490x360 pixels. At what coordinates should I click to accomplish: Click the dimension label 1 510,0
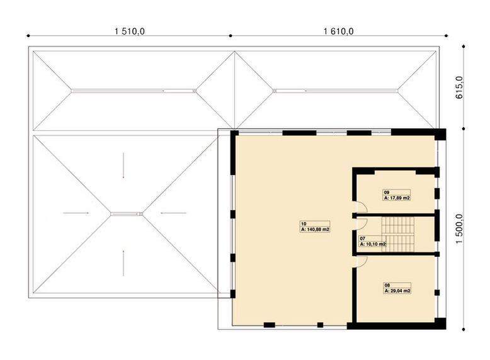pos(130,30)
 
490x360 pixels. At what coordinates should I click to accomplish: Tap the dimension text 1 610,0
pos(338,30)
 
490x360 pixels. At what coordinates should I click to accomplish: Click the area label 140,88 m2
pos(317,230)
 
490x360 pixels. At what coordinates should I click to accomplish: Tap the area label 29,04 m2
pos(398,291)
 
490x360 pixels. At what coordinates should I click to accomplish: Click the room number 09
pos(387,191)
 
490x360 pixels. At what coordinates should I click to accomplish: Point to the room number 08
pos(387,285)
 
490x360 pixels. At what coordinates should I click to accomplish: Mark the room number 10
pos(304,224)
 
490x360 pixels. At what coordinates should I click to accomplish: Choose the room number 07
pos(362,239)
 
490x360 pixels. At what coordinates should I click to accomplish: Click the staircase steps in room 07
pos(398,234)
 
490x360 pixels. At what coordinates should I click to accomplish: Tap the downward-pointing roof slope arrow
pos(124,165)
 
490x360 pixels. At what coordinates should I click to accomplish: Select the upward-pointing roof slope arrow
pos(123,259)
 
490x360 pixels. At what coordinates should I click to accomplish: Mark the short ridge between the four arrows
pos(127,213)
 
